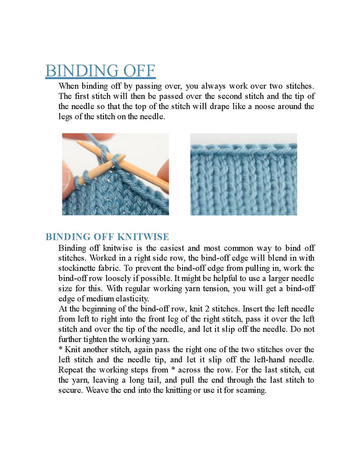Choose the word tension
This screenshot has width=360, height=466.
pyautogui.click(x=216, y=288)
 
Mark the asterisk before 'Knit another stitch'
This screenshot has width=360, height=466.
pyautogui.click(x=60, y=349)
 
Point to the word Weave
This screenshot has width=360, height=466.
pyautogui.click(x=97, y=390)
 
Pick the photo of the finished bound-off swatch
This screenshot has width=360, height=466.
pyautogui.click(x=244, y=174)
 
